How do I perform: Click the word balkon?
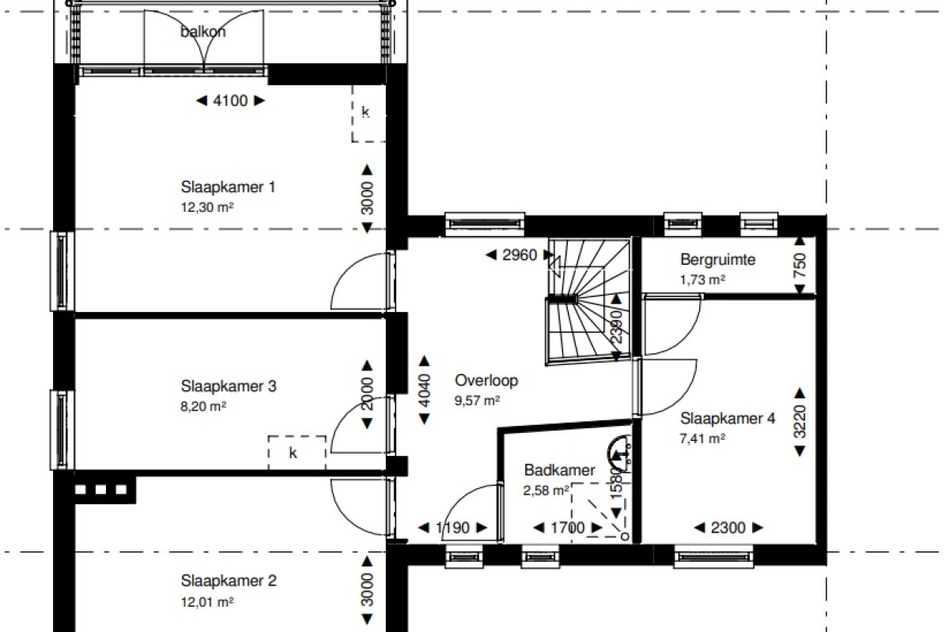(203, 32)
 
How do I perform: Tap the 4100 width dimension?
(230, 101)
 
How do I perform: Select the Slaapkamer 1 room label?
(228, 186)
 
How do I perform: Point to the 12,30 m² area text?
(207, 208)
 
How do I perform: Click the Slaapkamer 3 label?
(229, 386)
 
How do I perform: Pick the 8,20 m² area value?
(203, 406)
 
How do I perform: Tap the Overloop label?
(486, 381)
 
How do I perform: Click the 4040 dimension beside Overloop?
(425, 390)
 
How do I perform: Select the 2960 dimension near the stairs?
(520, 255)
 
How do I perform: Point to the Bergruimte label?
(718, 259)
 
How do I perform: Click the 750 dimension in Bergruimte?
(800, 265)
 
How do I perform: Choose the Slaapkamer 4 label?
(728, 419)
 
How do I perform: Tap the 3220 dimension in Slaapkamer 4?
(800, 422)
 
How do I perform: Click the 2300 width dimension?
(728, 528)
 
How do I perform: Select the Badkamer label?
(559, 470)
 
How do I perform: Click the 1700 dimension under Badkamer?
(568, 528)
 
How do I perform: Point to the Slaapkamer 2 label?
(229, 581)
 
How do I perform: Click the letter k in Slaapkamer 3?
(293, 453)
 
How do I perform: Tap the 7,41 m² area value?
(702, 438)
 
